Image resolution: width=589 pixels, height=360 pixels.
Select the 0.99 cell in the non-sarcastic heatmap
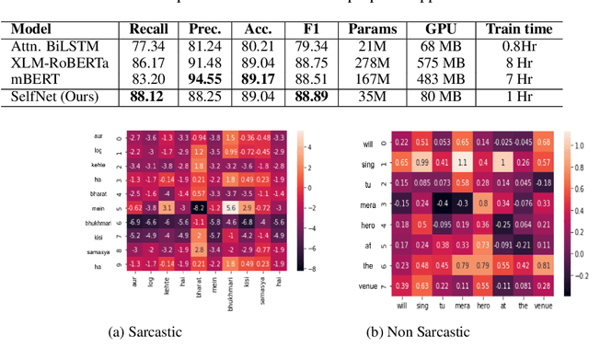tap(422, 162)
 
